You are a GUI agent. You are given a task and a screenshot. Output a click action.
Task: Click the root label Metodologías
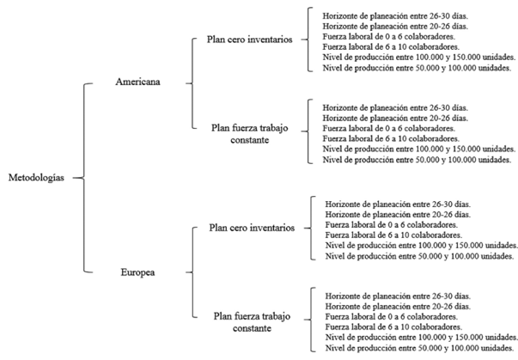click(36, 178)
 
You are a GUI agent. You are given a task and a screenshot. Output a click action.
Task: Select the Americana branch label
click(137, 82)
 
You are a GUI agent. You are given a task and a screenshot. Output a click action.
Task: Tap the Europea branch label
click(137, 272)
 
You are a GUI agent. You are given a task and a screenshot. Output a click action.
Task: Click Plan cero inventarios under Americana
click(250, 40)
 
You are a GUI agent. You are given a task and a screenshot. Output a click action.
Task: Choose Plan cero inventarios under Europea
click(252, 228)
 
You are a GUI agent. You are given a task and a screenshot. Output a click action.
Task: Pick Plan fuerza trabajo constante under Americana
click(250, 134)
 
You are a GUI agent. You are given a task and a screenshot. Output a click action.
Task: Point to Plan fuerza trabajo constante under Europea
click(252, 322)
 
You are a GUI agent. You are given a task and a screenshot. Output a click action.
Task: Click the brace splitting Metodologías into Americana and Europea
click(83, 178)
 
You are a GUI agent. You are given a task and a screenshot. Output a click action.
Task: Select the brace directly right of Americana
click(192, 83)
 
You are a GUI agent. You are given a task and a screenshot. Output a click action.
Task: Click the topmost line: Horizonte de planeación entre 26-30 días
click(395, 15)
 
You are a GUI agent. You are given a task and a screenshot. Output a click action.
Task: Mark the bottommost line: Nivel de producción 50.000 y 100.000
click(419, 348)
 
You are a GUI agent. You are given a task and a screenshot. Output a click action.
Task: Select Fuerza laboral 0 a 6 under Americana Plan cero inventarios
click(389, 36)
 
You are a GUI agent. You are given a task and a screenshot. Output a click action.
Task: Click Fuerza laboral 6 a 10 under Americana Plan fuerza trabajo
click(391, 138)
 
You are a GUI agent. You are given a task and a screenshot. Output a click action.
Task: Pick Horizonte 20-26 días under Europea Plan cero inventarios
click(398, 214)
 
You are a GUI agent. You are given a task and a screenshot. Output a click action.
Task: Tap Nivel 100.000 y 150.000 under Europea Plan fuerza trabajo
click(422, 337)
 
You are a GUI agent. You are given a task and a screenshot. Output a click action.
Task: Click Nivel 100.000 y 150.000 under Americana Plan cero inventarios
click(419, 58)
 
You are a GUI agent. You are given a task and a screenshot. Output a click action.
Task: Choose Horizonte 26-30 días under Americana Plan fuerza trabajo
click(395, 107)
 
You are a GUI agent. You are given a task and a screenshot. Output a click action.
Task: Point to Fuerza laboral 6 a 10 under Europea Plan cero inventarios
click(393, 235)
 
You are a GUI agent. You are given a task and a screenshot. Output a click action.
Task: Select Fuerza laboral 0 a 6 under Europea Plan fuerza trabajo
click(392, 317)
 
